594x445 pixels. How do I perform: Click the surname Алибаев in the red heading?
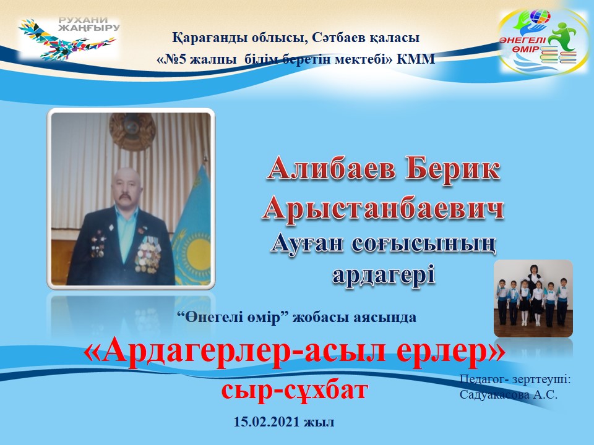(332, 169)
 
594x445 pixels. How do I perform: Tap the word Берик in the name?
(453, 169)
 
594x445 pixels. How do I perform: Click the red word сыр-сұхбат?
(295, 390)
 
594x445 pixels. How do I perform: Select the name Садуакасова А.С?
(509, 395)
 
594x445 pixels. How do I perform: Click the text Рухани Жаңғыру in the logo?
(89, 23)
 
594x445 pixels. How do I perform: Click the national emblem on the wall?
(132, 130)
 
